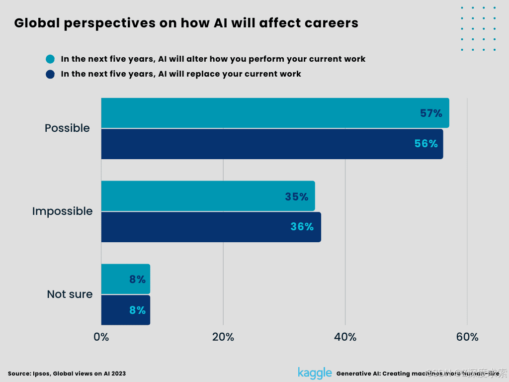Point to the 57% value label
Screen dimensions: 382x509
(x=431, y=113)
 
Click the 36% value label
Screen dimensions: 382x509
(x=302, y=227)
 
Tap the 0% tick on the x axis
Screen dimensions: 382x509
(x=101, y=337)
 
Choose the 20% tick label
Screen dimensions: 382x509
(x=223, y=337)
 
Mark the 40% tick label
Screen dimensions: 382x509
(x=345, y=337)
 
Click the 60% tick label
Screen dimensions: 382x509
(x=467, y=337)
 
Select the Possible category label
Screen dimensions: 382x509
(x=67, y=128)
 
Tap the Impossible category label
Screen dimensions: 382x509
(x=62, y=211)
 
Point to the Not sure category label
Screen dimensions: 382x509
(x=70, y=294)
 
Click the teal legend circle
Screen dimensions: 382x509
(x=50, y=59)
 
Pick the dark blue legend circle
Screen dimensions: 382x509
(x=50, y=74)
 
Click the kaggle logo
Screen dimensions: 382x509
(x=315, y=373)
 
